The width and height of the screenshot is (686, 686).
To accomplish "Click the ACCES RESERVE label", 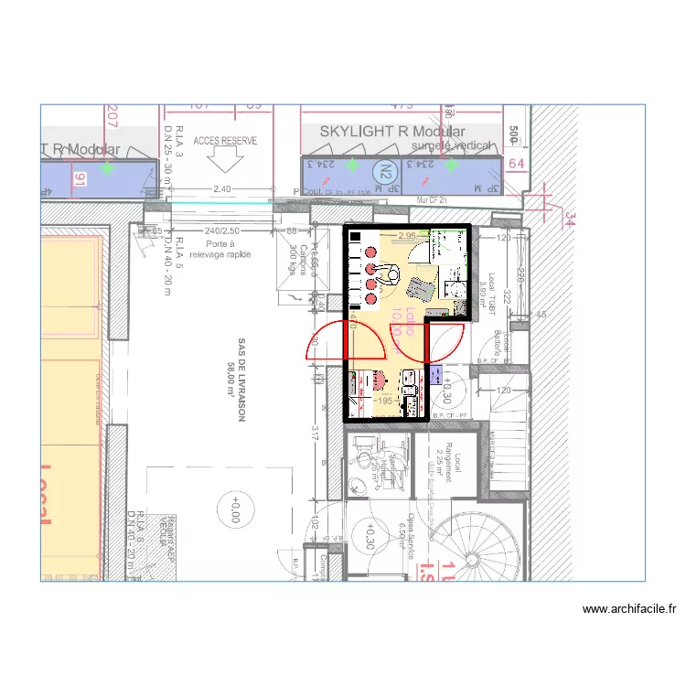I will click(x=226, y=141).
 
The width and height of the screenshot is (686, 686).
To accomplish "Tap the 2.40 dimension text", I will click(x=221, y=189).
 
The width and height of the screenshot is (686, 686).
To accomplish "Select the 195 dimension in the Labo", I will click(x=384, y=400).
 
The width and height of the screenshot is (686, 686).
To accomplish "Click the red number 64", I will click(x=516, y=164).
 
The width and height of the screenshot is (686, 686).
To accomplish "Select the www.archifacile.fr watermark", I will click(x=628, y=608).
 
